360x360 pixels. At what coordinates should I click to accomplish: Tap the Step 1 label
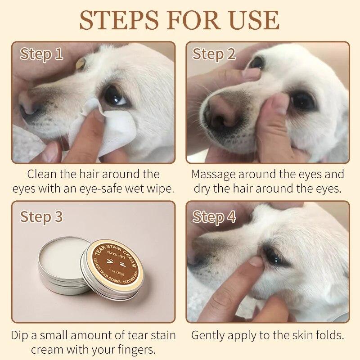(x=41, y=54)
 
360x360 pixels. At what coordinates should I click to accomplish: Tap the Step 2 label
(x=214, y=54)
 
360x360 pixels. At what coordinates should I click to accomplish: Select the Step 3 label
(x=41, y=216)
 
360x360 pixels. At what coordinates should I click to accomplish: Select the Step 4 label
(x=214, y=216)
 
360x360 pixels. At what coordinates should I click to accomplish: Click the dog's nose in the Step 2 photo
(x=220, y=112)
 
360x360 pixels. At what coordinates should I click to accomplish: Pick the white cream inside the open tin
(x=61, y=262)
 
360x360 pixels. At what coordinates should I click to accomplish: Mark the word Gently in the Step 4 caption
(x=208, y=335)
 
